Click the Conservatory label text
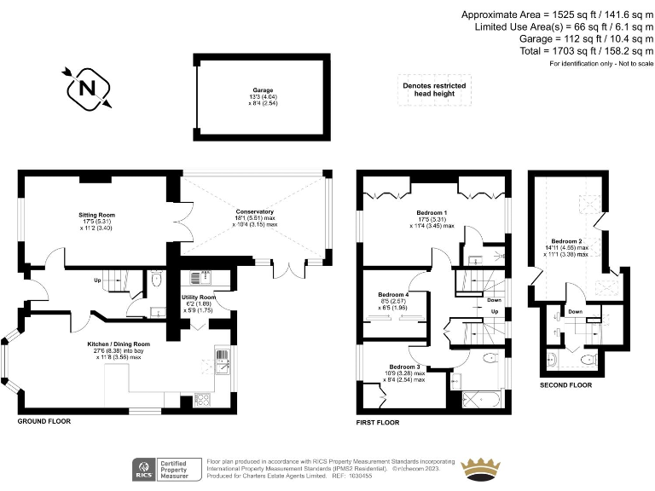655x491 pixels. click(x=256, y=211)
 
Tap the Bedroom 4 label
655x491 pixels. click(x=394, y=295)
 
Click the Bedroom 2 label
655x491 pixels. click(x=566, y=241)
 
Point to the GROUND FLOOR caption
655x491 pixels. click(x=44, y=421)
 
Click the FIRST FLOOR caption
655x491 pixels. click(x=378, y=422)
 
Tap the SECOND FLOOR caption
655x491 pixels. click(x=565, y=385)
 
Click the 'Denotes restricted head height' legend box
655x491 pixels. click(x=435, y=90)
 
